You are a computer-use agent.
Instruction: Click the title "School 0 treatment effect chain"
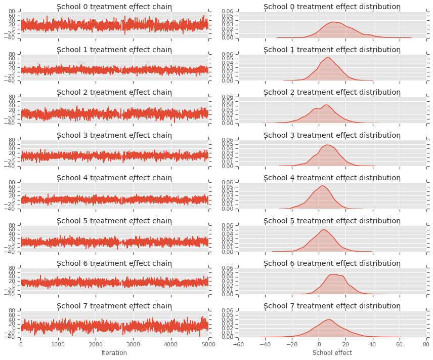pos(114,7)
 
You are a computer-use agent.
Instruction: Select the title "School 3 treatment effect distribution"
pos(332,135)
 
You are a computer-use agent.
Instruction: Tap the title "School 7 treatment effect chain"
pos(114,306)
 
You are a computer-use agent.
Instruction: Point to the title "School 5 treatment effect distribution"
pos(332,221)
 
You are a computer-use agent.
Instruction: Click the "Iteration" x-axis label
pos(114,352)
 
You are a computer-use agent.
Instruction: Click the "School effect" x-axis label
pos(332,352)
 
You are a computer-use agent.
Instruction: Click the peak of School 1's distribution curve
pos(328,57)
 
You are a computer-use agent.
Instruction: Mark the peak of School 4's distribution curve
pos(322,186)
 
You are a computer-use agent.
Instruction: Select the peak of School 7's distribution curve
pos(329,319)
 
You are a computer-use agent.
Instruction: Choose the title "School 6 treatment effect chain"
pos(114,263)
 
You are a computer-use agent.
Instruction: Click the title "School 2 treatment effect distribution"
pos(332,92)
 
